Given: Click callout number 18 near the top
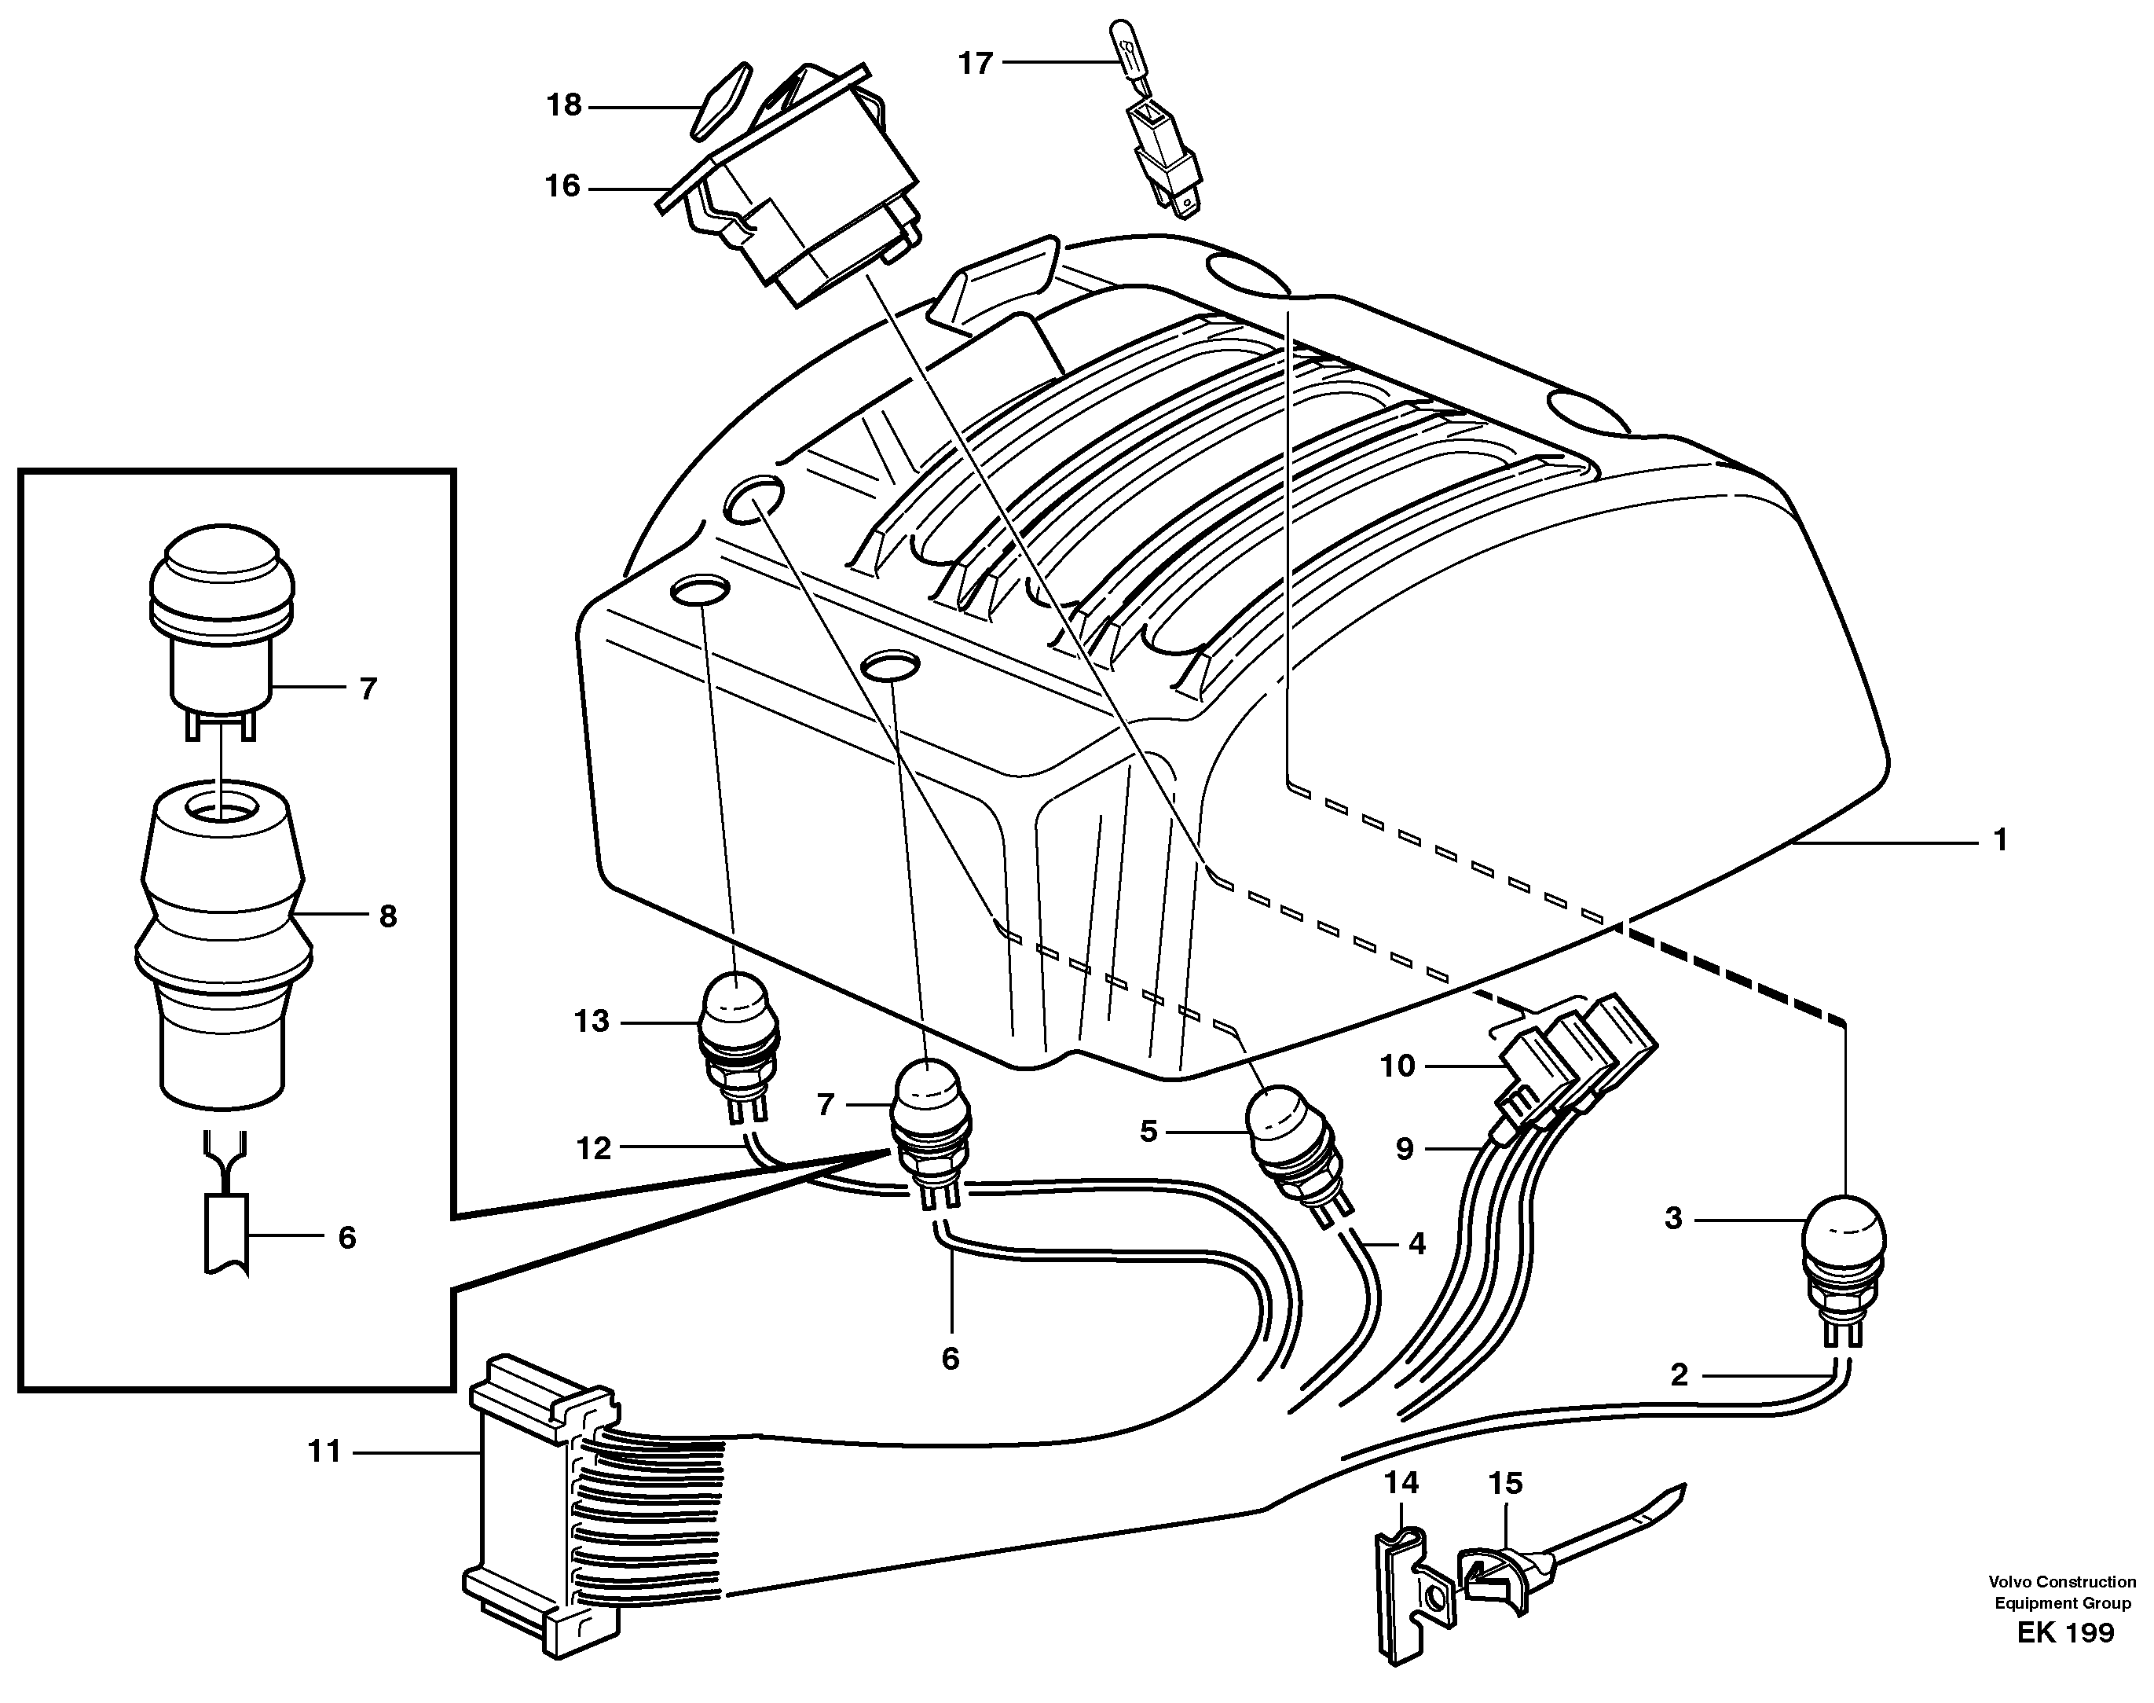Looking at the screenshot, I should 564,105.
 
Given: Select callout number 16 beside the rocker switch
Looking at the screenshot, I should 562,186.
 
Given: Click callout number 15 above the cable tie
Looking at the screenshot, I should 1505,1484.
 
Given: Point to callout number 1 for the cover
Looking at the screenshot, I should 1999,841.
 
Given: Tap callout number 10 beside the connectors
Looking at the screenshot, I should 1398,1066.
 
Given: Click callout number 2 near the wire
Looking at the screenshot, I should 1679,1376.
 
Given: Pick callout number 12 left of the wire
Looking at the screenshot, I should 593,1149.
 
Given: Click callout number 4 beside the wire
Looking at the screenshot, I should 1416,1244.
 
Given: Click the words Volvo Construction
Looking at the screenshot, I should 2061,1609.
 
